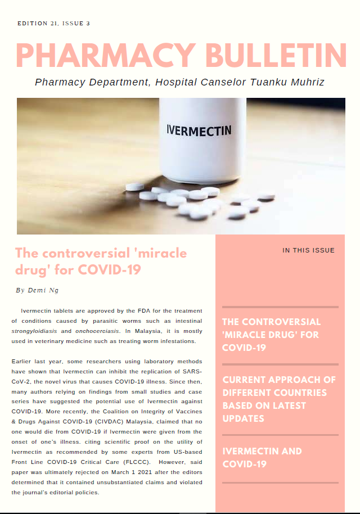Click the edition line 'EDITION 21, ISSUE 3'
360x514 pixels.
(53, 24)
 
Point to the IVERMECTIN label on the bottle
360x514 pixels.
(199, 130)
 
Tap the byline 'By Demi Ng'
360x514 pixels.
(37, 290)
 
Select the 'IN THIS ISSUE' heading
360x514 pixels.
(308, 250)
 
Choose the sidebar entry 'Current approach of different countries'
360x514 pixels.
(279, 399)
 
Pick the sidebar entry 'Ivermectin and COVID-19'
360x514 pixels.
(262, 457)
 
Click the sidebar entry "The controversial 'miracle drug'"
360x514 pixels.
(271, 335)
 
